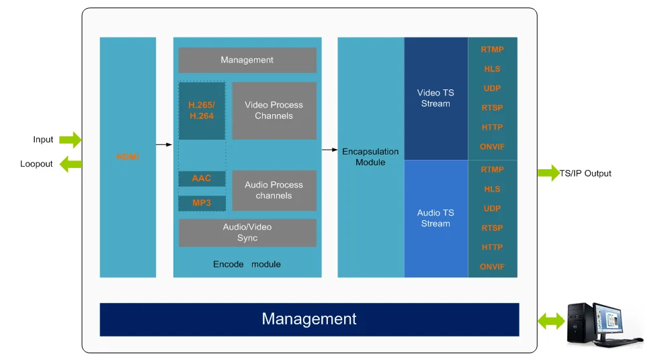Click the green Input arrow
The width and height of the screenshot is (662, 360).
pyautogui.click(x=70, y=140)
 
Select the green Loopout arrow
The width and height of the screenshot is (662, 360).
pyautogui.click(x=70, y=164)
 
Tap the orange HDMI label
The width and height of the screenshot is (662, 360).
pyautogui.click(x=127, y=156)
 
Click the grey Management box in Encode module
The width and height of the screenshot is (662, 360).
pyautogui.click(x=247, y=60)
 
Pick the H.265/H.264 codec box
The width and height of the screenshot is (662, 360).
pyautogui.click(x=202, y=111)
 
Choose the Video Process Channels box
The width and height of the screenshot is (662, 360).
pyautogui.click(x=274, y=111)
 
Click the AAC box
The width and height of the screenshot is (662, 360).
pyautogui.click(x=202, y=179)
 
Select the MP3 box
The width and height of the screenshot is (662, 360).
pyautogui.click(x=202, y=203)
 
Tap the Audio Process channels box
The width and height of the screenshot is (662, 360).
pyautogui.click(x=274, y=190)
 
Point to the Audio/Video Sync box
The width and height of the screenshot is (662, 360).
pyautogui.click(x=247, y=232)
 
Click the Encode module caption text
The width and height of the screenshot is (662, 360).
pyautogui.click(x=247, y=264)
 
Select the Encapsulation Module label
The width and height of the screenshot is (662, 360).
pyautogui.click(x=370, y=157)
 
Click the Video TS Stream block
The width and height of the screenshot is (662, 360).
pyautogui.click(x=436, y=99)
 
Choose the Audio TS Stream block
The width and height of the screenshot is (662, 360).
pyautogui.click(x=436, y=218)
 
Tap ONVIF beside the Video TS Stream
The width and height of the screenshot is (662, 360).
pyautogui.click(x=492, y=146)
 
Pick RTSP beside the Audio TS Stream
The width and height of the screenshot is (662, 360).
pyautogui.click(x=492, y=228)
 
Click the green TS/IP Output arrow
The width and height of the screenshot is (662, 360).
pyautogui.click(x=548, y=173)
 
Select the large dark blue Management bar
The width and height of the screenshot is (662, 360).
pyautogui.click(x=309, y=319)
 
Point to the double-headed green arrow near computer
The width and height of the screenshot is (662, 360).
pyautogui.click(x=551, y=322)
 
